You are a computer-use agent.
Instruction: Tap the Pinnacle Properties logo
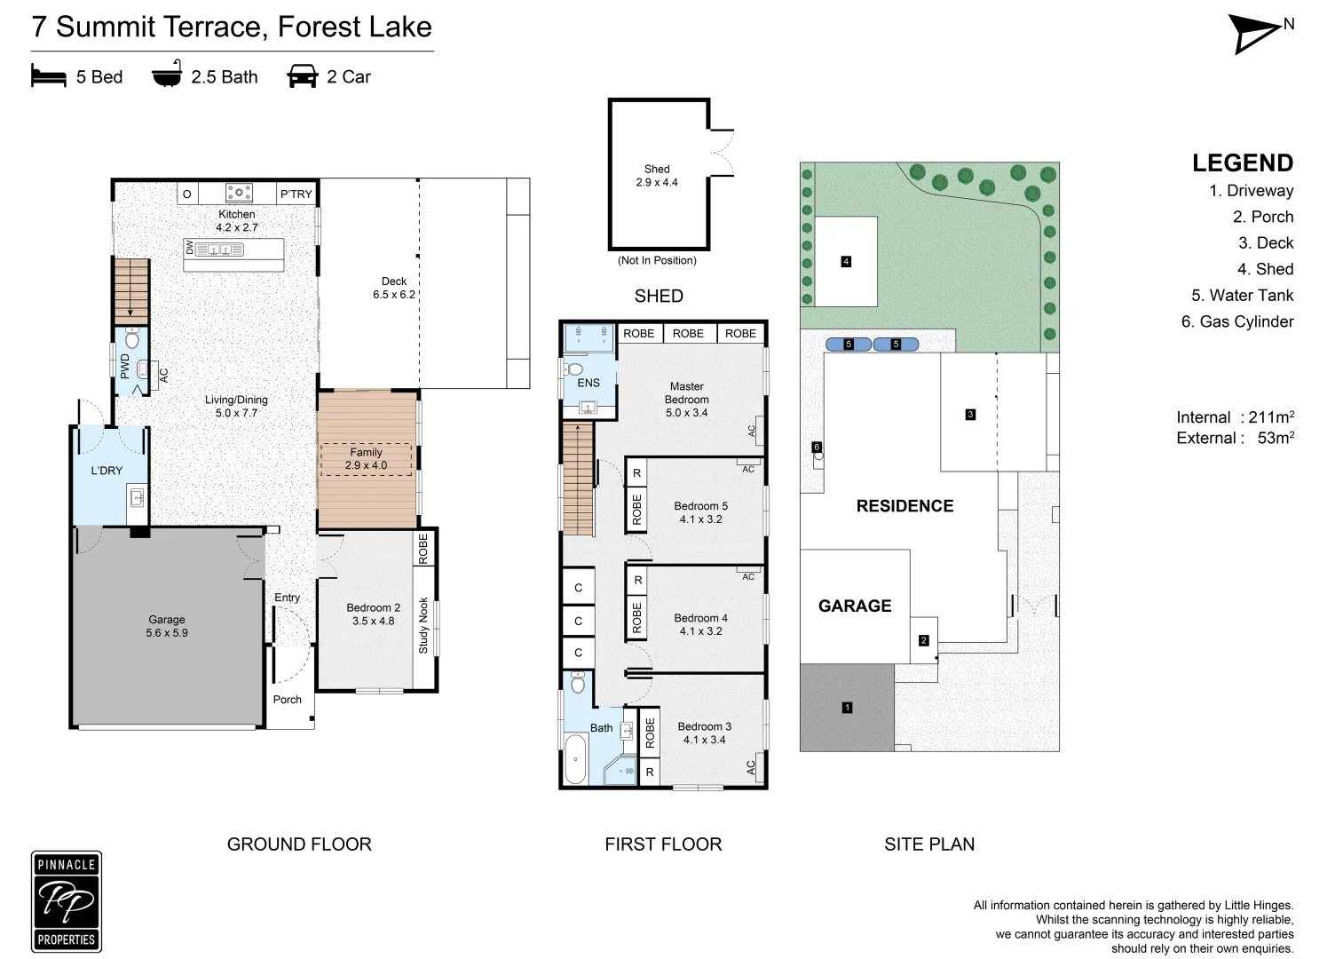tap(67, 901)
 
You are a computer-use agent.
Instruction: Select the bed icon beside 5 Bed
tap(48, 75)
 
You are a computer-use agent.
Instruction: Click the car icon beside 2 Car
tap(302, 76)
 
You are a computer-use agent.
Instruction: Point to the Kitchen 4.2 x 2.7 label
tap(237, 220)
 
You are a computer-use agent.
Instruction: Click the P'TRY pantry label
tap(296, 194)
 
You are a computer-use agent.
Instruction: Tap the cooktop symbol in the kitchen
tap(239, 193)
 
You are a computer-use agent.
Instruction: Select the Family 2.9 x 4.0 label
tap(366, 458)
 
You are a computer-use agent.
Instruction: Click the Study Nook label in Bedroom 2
tap(423, 626)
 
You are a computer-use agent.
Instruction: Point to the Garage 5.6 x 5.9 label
tap(167, 626)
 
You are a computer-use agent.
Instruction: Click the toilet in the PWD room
tap(132, 339)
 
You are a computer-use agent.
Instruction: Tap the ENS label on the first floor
tap(589, 383)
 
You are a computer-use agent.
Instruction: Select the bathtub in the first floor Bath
tap(576, 759)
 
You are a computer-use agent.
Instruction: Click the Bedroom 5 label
tap(701, 512)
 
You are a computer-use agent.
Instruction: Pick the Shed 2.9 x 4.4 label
tap(657, 175)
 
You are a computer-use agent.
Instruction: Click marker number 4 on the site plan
tap(846, 261)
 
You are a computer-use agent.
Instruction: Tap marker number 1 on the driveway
tap(847, 708)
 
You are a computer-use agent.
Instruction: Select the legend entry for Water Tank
tap(1242, 295)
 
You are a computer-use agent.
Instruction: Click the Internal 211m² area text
tap(1235, 416)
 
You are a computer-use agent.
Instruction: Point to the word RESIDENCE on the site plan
tap(904, 506)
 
